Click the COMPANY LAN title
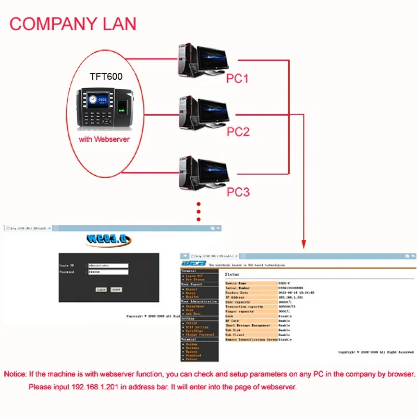(x=73, y=23)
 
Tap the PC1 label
(x=237, y=79)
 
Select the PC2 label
(x=238, y=131)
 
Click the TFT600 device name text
(x=106, y=76)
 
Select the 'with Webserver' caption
(x=104, y=140)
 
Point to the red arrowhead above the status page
(x=303, y=243)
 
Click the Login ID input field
(x=108, y=265)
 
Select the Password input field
(x=108, y=272)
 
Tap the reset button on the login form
(x=116, y=289)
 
